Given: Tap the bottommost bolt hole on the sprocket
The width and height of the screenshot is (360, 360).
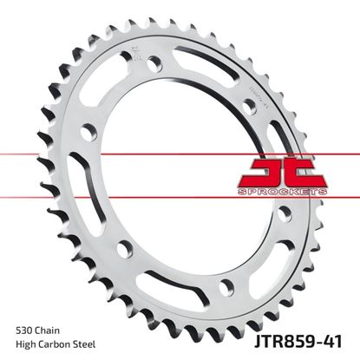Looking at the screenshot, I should [226, 287].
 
